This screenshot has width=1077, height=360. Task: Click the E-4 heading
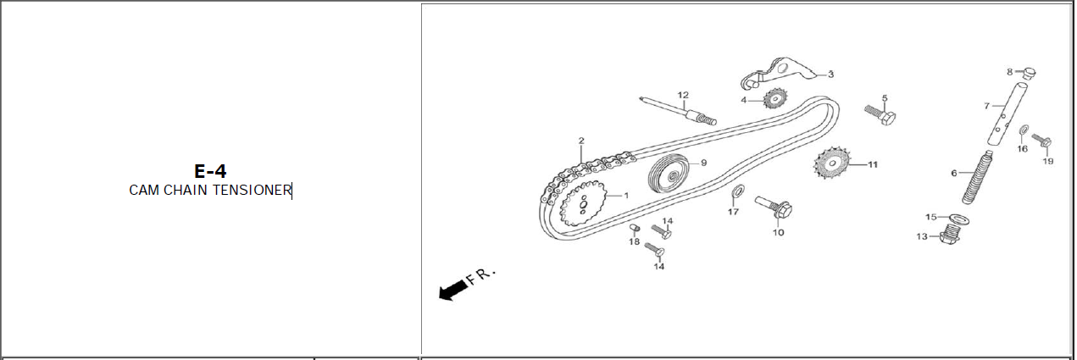[210, 172]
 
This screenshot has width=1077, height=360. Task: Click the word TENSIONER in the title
[253, 191]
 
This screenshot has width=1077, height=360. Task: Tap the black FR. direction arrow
[453, 291]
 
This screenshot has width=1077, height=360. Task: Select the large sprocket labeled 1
[583, 204]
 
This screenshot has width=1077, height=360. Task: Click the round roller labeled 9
[669, 174]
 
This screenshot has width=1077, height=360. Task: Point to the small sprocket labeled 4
[775, 98]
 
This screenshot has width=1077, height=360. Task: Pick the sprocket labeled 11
[832, 163]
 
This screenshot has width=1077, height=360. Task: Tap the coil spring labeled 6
[977, 176]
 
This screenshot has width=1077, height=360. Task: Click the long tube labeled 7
[1008, 114]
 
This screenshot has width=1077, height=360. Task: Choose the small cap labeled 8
[1029, 74]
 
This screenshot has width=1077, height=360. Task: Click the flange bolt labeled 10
[774, 208]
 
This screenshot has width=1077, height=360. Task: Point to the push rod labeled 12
[678, 111]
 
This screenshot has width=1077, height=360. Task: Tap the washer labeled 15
[958, 219]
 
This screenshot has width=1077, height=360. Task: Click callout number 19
[1047, 161]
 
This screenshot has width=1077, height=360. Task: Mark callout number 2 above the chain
[581, 141]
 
